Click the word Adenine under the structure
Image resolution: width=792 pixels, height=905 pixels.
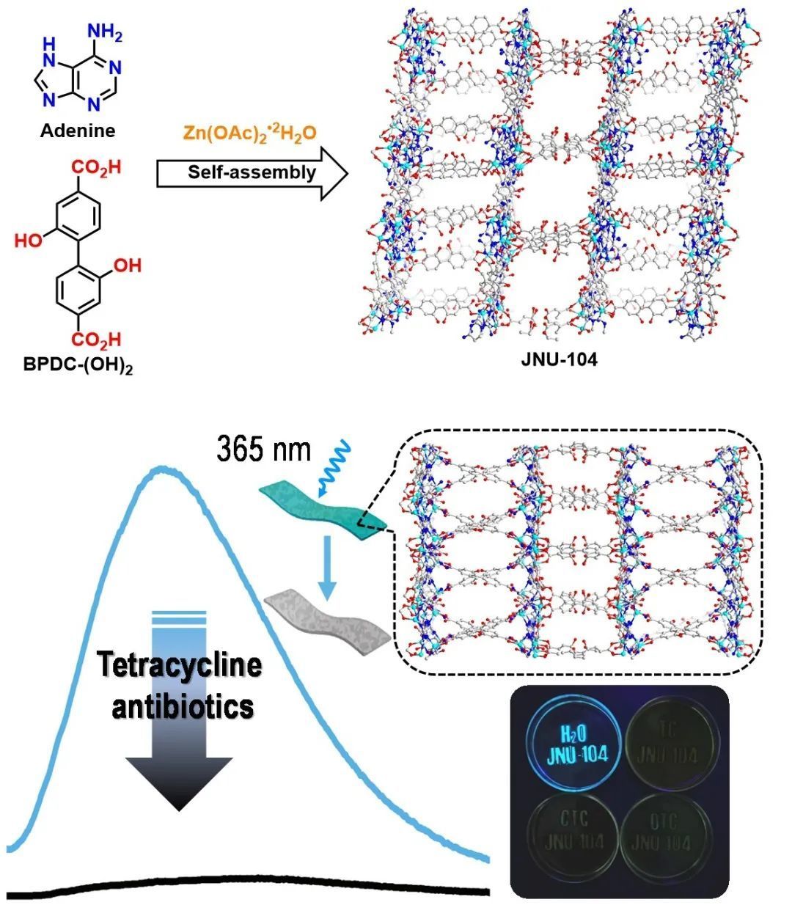[x=78, y=131]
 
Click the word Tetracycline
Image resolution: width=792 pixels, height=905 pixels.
[x=180, y=666]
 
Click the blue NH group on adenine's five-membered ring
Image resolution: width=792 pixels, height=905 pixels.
[x=51, y=48]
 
